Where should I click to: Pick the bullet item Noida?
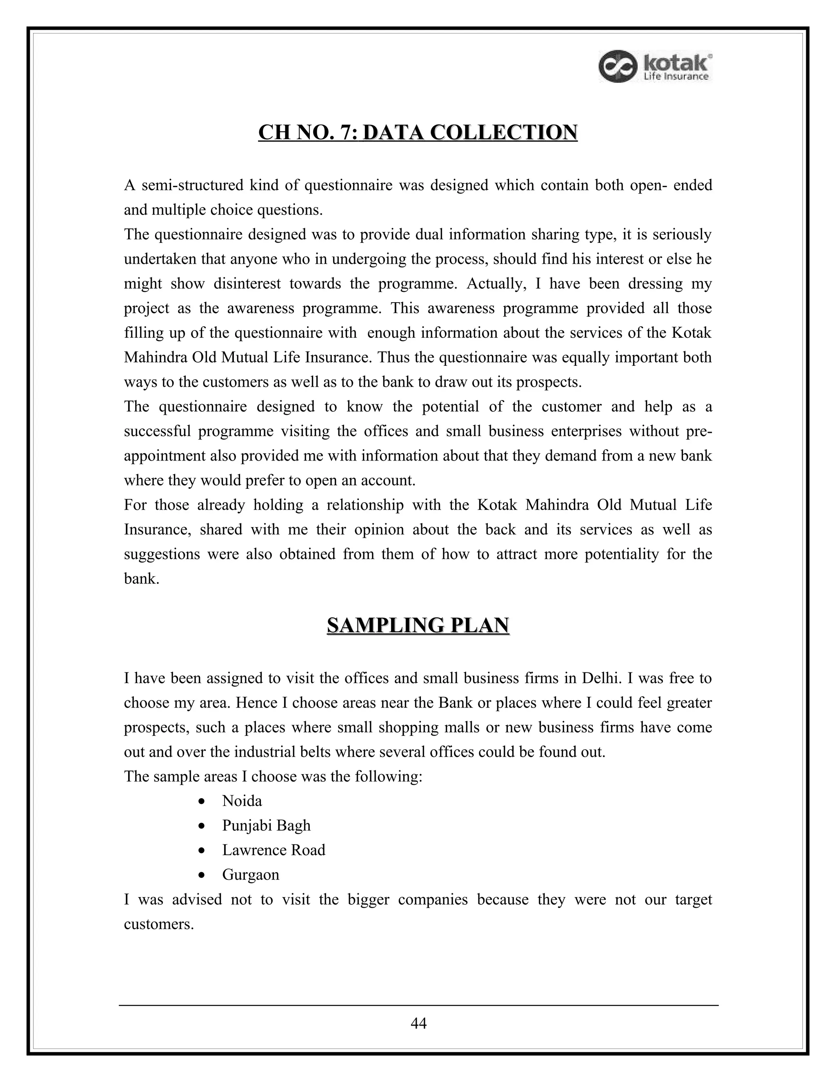242,801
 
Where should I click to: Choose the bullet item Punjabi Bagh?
266,825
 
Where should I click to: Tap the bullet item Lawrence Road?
273,850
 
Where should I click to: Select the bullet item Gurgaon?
251,875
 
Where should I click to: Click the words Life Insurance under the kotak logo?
676,77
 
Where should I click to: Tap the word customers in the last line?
157,924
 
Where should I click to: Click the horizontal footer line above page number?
418,1005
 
